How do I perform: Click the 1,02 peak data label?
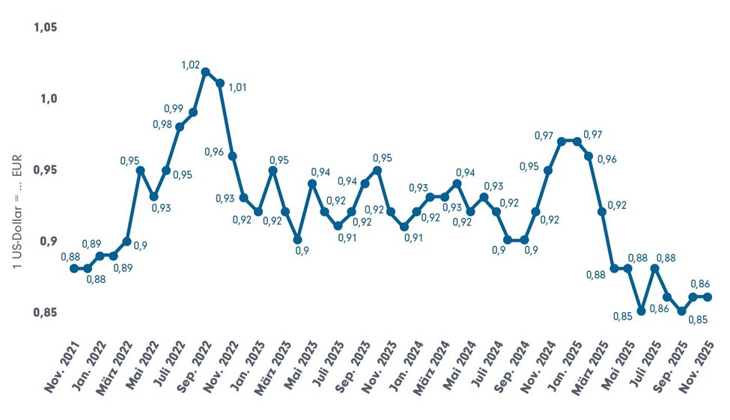coord(190,65)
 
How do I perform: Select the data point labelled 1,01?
coord(220,83)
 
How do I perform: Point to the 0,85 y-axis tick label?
coord(46,312)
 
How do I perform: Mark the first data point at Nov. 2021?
coord(73,268)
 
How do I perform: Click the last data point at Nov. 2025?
coord(708,296)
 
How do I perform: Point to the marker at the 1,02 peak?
coord(206,72)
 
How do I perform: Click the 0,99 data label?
coord(173,109)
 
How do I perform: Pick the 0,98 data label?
coord(162,124)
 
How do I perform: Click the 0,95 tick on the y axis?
coord(46,170)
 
